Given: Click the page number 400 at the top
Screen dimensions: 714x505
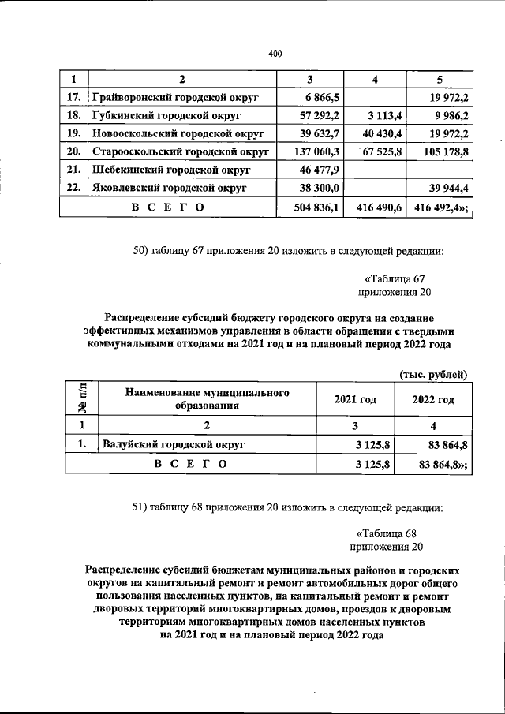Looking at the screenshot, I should [275, 54].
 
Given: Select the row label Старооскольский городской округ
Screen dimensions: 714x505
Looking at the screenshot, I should [181, 151].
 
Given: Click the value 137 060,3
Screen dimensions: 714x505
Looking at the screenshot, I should [316, 151].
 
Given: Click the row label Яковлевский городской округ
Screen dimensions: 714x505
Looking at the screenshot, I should [169, 189].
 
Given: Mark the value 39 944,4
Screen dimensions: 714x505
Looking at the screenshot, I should [448, 189].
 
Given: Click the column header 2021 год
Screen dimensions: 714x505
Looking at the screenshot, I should [355, 400].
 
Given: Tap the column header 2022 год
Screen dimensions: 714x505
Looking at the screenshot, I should [433, 400].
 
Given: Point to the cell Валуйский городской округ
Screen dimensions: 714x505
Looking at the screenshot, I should [173, 445].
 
